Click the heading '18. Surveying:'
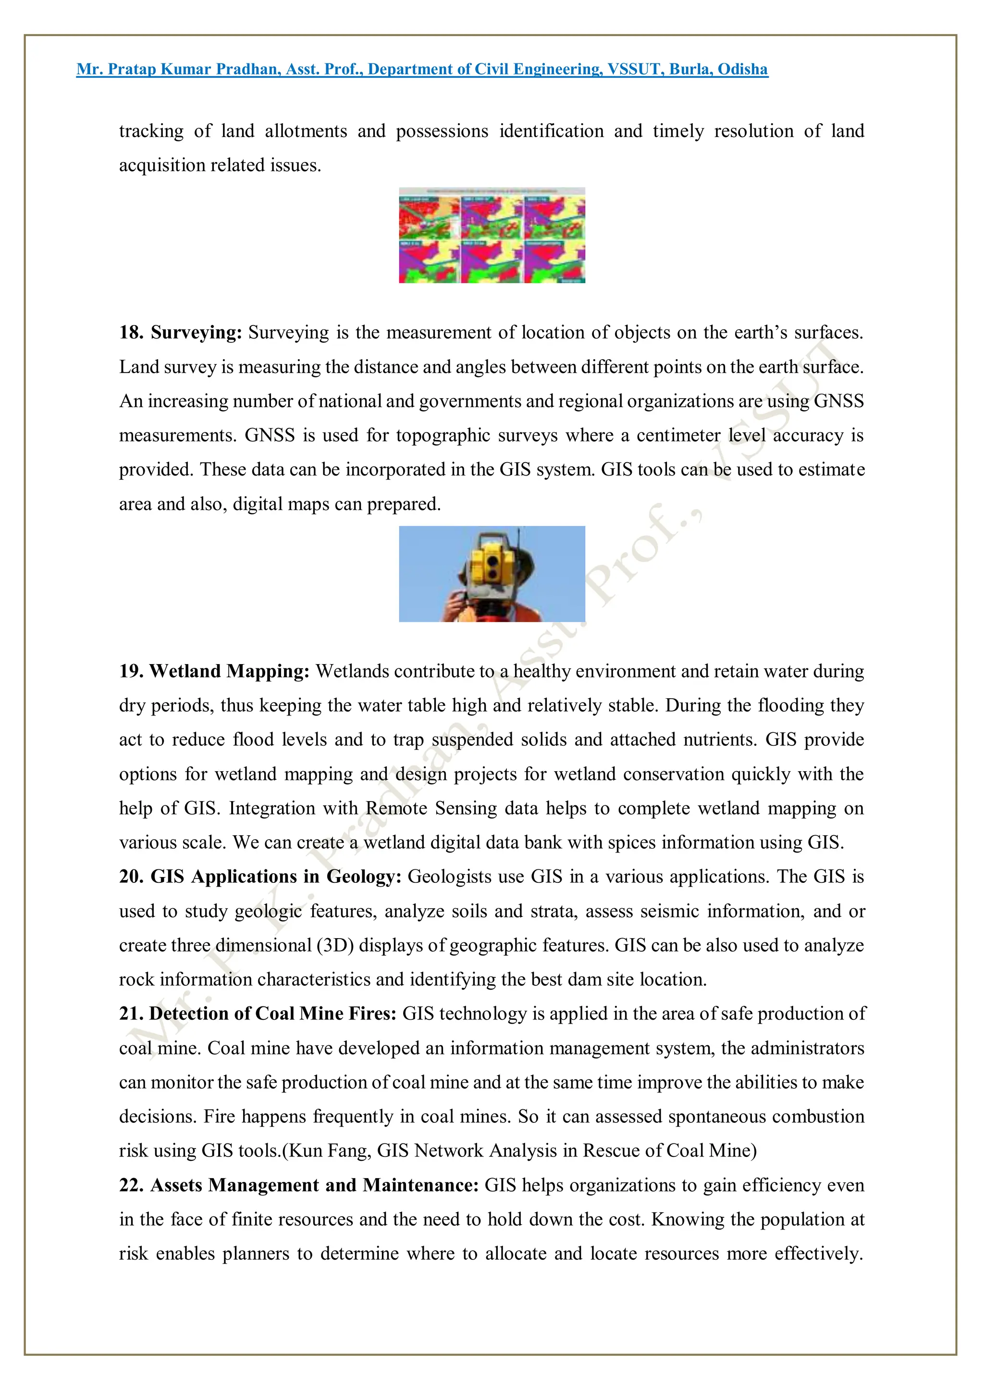point(180,332)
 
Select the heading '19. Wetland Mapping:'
point(214,671)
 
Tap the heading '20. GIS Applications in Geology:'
point(260,877)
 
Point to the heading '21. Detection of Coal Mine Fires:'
point(258,1014)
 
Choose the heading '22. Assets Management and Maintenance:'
point(299,1185)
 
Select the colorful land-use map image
point(492,236)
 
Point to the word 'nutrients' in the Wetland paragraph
point(718,740)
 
